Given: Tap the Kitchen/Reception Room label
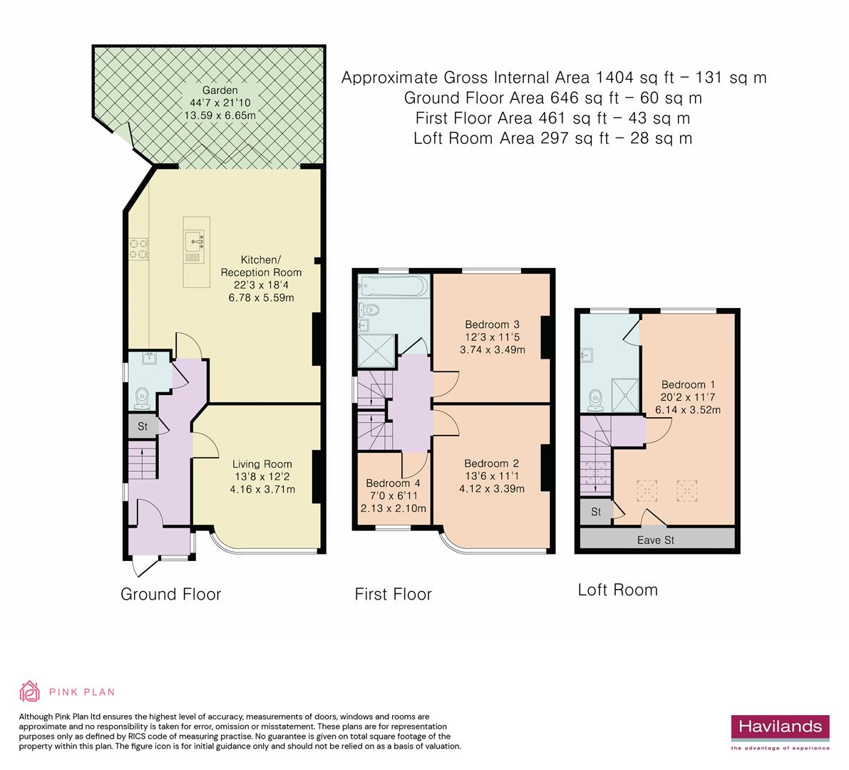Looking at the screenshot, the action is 260,265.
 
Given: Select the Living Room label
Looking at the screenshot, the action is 263,465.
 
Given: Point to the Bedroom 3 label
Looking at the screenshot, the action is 492,324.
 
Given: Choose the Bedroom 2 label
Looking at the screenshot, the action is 491,463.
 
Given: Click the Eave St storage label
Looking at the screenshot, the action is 655,540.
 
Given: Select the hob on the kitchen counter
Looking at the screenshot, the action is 138,247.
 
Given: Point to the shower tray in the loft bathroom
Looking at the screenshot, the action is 626,392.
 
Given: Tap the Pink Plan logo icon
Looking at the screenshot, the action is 30,691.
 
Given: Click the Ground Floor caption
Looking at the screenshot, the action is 171,594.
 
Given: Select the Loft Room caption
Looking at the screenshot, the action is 617,590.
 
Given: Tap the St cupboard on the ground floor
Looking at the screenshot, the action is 142,427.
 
